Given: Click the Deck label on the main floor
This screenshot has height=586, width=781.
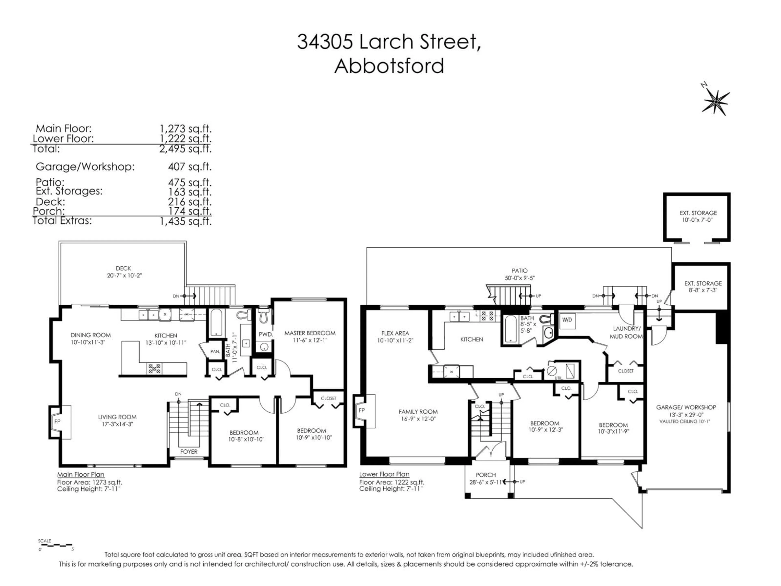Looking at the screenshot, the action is pyautogui.click(x=123, y=268).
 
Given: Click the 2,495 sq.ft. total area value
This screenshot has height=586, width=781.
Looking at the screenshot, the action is pyautogui.click(x=185, y=149).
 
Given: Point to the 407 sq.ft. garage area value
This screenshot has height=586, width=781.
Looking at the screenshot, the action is pyautogui.click(x=190, y=166).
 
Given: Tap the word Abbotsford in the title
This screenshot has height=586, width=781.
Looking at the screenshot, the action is pyautogui.click(x=389, y=66).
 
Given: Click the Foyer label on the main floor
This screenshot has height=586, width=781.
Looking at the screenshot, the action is pyautogui.click(x=189, y=452).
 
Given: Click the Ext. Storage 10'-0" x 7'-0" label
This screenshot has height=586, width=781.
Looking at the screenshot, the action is pyautogui.click(x=698, y=216).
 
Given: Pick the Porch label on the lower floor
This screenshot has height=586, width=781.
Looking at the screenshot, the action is pyautogui.click(x=486, y=475).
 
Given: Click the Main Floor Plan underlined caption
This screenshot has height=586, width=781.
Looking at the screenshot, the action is pyautogui.click(x=81, y=474).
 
